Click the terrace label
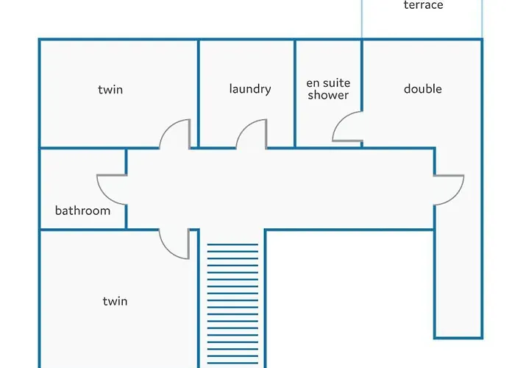click(x=423, y=4)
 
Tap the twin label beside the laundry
click(x=110, y=89)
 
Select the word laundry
click(x=250, y=89)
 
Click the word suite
click(x=337, y=82)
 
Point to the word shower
click(x=328, y=95)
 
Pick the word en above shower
click(x=313, y=83)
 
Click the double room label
click(x=423, y=89)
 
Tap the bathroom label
click(x=82, y=210)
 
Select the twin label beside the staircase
click(x=115, y=301)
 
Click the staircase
click(x=232, y=305)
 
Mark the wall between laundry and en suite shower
click(x=294, y=93)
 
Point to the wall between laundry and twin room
click(x=199, y=93)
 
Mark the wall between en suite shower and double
click(x=362, y=76)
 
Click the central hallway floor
click(x=279, y=189)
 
